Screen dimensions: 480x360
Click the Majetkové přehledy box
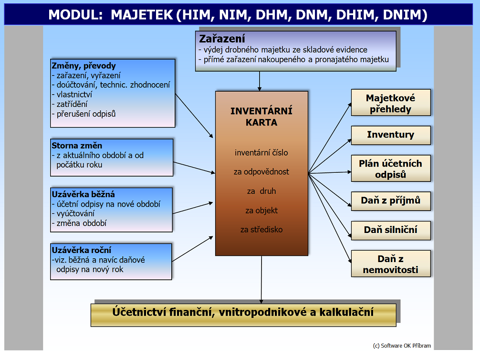(391, 103)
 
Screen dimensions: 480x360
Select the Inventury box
(391, 135)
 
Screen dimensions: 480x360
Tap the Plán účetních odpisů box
(391, 169)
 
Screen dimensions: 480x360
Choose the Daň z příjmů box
(391, 201)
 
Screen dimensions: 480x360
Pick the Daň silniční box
(391, 231)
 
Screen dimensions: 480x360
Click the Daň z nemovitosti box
(391, 264)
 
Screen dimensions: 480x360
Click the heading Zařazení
(222, 39)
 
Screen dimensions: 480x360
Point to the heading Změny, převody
(83, 66)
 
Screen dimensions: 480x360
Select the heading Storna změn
(77, 146)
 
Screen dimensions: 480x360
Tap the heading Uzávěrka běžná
(83, 194)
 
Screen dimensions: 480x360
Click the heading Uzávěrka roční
(82, 250)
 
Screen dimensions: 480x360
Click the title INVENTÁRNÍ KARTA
(261, 116)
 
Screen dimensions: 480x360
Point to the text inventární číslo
(261, 153)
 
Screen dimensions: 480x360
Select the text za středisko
(261, 230)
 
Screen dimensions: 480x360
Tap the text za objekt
(261, 211)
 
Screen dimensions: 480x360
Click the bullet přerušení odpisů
(84, 114)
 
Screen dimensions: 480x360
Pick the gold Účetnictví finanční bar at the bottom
(243, 315)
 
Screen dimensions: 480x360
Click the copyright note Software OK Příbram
(402, 346)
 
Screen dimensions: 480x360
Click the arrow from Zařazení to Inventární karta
(260, 81)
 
